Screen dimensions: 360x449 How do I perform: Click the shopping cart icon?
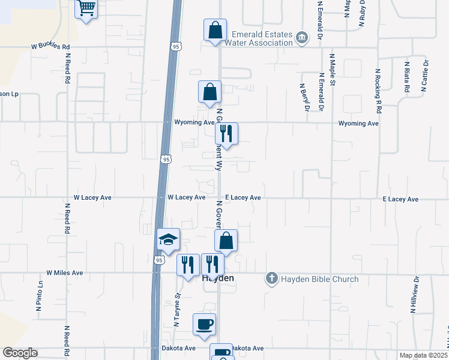(x=86, y=8)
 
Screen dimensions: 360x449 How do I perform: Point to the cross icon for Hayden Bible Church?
(x=273, y=278)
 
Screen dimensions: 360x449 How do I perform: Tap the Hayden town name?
(x=217, y=279)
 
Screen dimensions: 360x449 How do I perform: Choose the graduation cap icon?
(x=168, y=240)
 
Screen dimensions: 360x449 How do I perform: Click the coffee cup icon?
(x=204, y=324)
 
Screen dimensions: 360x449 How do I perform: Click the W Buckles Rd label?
(x=51, y=46)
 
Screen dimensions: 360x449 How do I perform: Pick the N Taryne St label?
(x=177, y=310)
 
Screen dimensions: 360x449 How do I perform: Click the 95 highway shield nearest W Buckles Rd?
(x=175, y=46)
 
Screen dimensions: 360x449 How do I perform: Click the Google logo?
(x=19, y=353)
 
